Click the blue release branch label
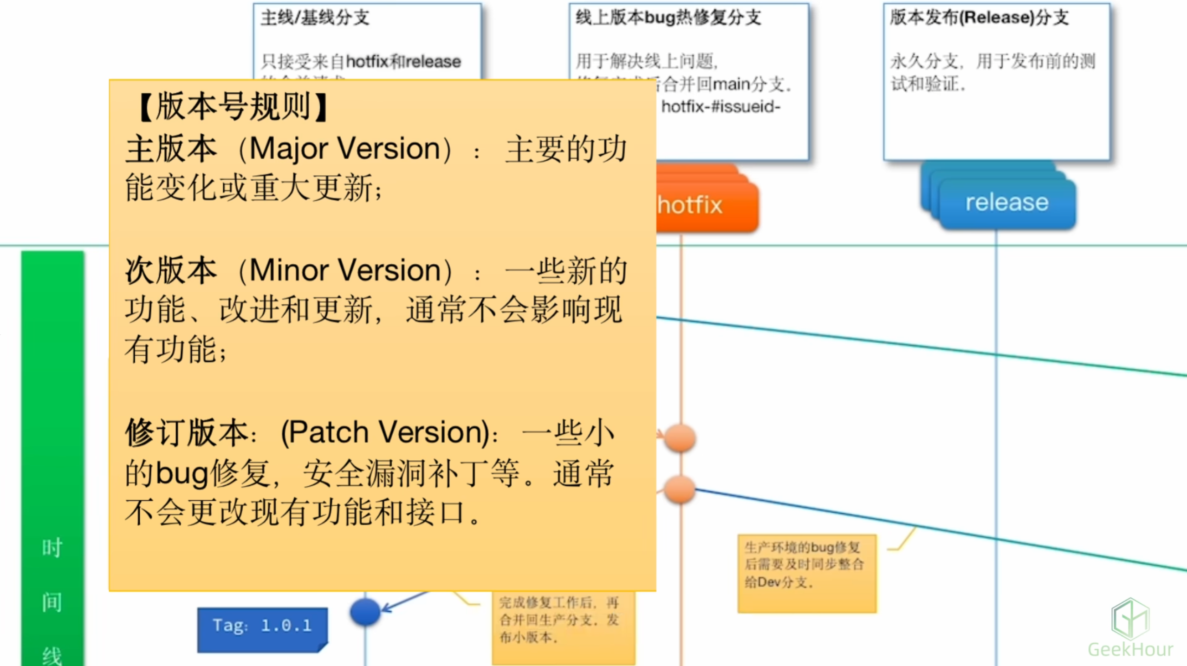(1006, 203)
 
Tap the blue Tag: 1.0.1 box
(262, 627)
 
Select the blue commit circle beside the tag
(365, 611)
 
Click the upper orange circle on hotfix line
(680, 437)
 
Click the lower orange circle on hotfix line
(680, 490)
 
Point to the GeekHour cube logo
(1130, 619)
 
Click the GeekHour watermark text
(1130, 649)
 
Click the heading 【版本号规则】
(234, 107)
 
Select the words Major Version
(345, 149)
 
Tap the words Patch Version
(385, 432)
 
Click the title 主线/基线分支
(315, 18)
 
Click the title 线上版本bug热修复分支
(668, 18)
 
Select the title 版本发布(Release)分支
(979, 18)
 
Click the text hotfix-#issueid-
(720, 107)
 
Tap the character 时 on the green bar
(52, 548)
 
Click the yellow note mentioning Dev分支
(806, 573)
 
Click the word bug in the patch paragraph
(182, 474)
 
